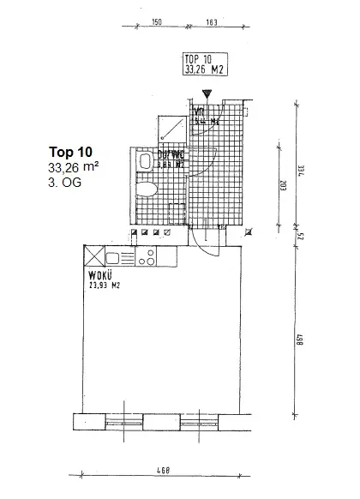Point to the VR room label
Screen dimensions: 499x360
pos(199,111)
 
